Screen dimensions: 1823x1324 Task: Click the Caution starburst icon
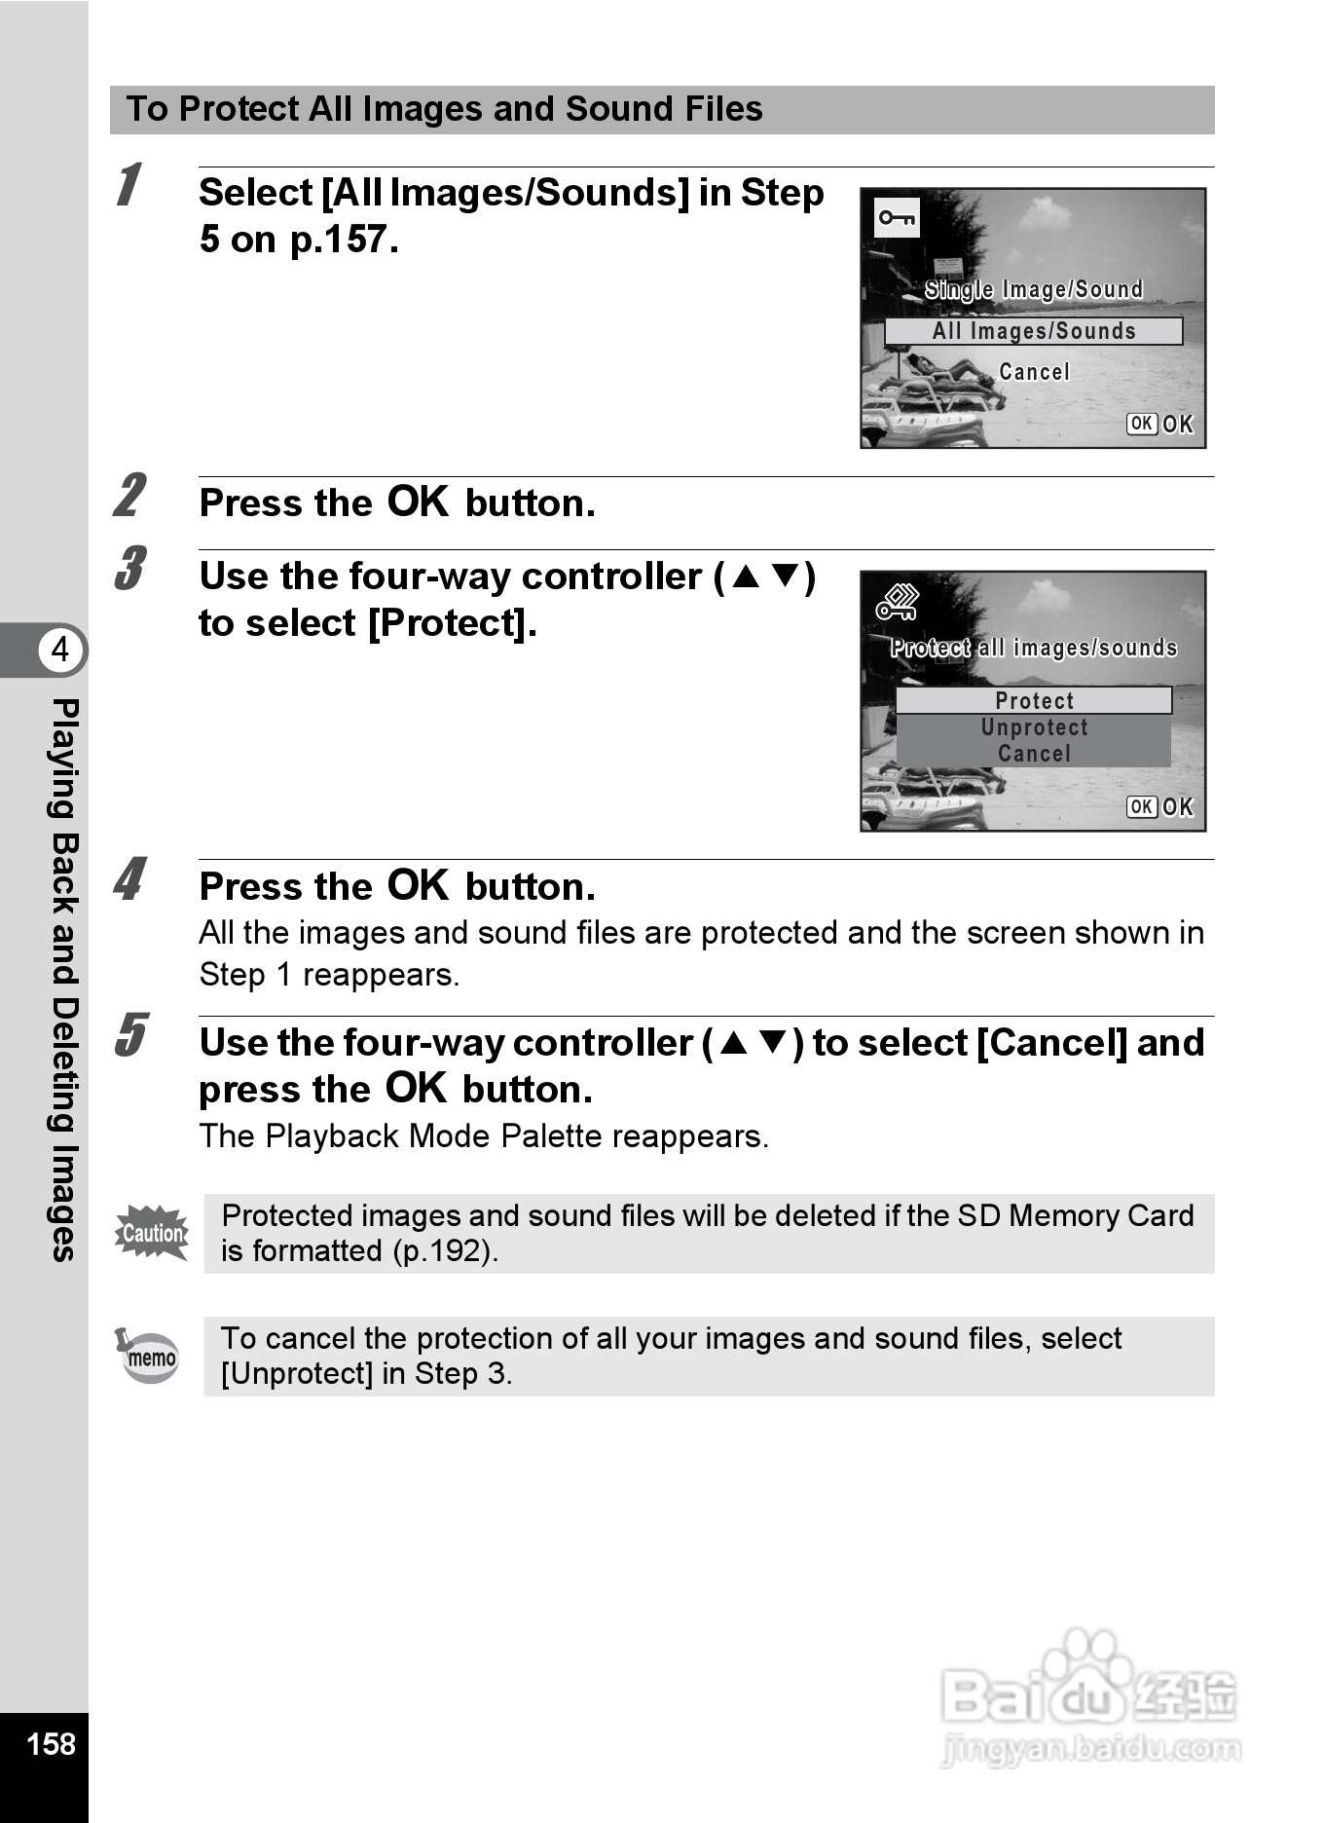pos(152,1233)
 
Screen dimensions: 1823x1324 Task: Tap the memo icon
pos(149,1356)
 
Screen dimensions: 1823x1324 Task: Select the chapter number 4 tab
pos(59,649)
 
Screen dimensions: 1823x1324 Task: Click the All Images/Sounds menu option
pos(1033,331)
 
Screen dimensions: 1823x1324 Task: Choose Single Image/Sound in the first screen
pos(1033,289)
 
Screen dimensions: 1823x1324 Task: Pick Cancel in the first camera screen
pos(1034,372)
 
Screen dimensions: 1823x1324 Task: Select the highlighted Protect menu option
pos(1033,700)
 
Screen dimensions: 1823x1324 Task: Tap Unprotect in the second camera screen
pos(1034,727)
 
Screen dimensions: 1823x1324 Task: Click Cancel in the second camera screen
pos(1034,754)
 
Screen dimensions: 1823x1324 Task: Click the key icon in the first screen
pos(897,218)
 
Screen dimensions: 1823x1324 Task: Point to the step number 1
pos(128,186)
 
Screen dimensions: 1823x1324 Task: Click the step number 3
pos(129,570)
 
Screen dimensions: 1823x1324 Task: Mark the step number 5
pos(129,1035)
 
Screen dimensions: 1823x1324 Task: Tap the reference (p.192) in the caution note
pos(445,1251)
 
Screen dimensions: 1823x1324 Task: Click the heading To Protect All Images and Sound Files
pos(444,109)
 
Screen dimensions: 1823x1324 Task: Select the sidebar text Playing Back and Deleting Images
pos(63,979)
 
